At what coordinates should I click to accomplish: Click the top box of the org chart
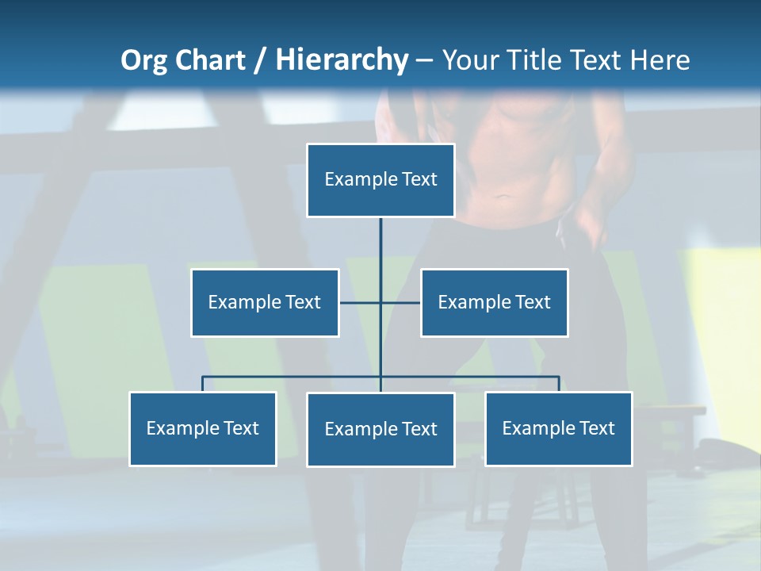click(380, 180)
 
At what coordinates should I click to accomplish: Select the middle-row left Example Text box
click(265, 302)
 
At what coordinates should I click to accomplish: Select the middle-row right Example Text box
click(494, 302)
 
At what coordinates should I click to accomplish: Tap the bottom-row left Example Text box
click(203, 428)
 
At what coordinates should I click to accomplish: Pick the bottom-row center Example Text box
click(380, 429)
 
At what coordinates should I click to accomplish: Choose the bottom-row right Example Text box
click(559, 428)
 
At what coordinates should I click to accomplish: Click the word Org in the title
click(143, 60)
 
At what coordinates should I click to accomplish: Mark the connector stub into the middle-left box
click(359, 302)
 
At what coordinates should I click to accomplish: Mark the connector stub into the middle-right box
click(401, 302)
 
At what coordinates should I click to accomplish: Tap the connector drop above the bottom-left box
click(203, 384)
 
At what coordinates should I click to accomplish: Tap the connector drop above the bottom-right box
click(559, 384)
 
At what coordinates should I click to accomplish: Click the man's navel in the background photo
click(501, 196)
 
